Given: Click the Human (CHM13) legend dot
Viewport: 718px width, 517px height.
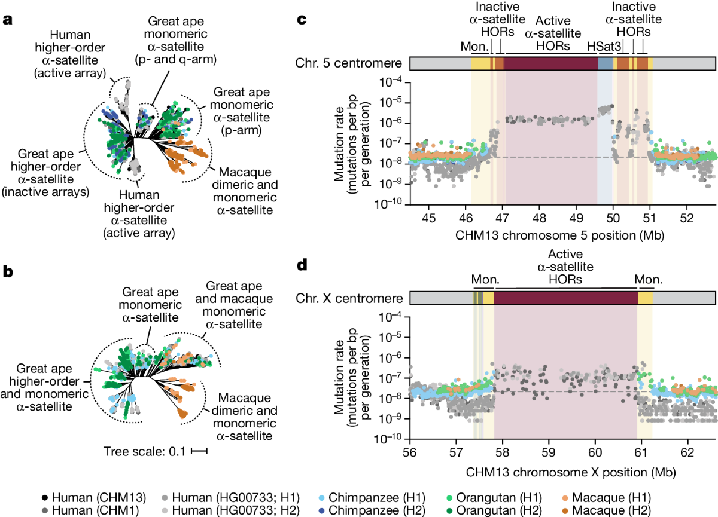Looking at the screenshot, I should point(46,497).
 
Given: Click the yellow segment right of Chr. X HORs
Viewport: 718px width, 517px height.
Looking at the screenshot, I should point(646,297).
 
